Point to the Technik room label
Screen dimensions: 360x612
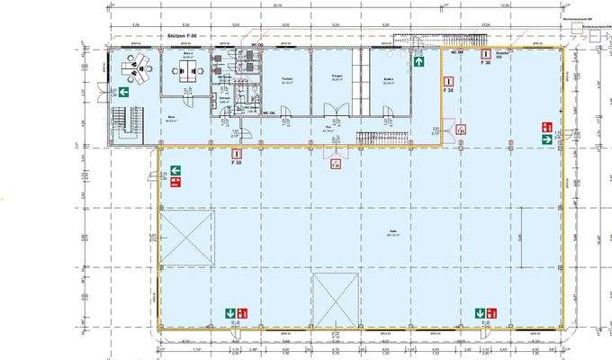point(288,79)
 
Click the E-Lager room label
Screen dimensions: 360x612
point(337,79)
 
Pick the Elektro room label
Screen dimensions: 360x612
point(388,79)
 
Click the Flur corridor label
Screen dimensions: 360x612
point(329,128)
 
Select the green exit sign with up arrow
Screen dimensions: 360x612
point(419,62)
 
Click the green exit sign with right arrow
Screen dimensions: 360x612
point(546,139)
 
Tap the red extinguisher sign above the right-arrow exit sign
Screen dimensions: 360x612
point(546,127)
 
